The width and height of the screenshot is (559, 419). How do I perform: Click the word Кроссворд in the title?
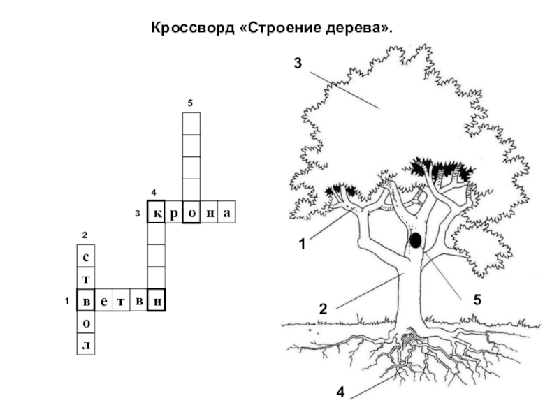[193, 28]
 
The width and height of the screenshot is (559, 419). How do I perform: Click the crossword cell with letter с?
[86, 256]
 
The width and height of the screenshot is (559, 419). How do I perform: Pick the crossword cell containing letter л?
[86, 344]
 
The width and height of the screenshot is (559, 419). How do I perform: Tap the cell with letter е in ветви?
[103, 300]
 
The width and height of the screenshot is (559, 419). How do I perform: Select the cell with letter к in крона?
[156, 212]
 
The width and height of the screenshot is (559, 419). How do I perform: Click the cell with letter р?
[174, 212]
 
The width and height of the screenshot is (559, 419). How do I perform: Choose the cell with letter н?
[209, 212]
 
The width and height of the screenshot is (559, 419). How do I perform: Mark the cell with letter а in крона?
[226, 212]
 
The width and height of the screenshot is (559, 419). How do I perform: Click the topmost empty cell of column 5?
[191, 124]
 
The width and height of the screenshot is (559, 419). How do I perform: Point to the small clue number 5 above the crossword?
[190, 103]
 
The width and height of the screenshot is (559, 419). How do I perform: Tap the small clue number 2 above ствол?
[85, 235]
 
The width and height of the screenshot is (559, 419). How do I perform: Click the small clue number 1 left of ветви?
[66, 301]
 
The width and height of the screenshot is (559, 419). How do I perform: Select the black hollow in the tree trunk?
[416, 240]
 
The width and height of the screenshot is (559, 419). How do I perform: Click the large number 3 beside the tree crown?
[298, 63]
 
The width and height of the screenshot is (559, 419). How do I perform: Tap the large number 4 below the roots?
[340, 392]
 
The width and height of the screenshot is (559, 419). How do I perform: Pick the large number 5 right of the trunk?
[477, 300]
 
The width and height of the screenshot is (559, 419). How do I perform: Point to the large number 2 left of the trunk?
[323, 309]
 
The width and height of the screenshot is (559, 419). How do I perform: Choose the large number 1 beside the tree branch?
[302, 244]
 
